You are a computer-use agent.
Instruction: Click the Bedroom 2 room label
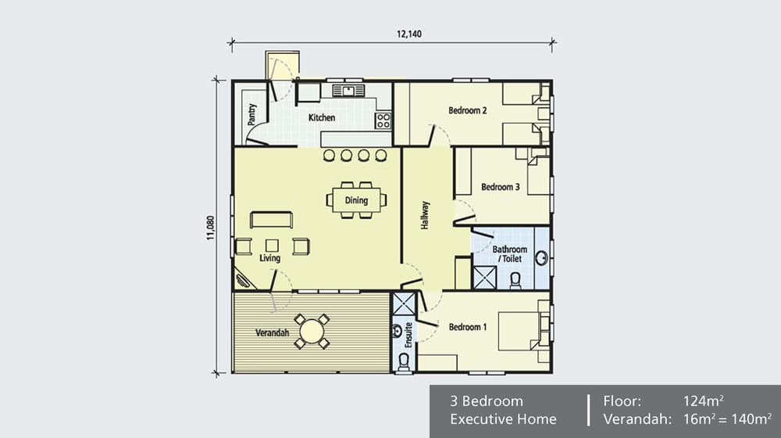click(468, 111)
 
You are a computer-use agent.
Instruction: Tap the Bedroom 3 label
click(500, 187)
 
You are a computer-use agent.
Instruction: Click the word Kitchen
click(322, 118)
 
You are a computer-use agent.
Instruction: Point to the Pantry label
click(252, 115)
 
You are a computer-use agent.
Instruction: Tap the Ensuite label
click(407, 334)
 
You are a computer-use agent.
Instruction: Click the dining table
click(356, 200)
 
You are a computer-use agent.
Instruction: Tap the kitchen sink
click(344, 91)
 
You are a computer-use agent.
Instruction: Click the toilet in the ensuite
click(404, 361)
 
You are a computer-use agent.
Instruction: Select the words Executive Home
click(504, 419)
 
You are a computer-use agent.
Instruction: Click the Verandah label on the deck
click(273, 332)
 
